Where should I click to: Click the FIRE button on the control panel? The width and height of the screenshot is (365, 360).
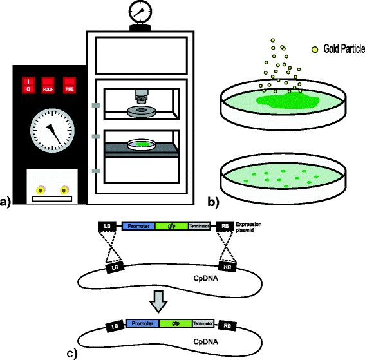tap(70, 85)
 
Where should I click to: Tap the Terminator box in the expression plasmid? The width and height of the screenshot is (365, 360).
tap(201, 226)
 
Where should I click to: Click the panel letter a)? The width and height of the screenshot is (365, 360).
tap(7, 204)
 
